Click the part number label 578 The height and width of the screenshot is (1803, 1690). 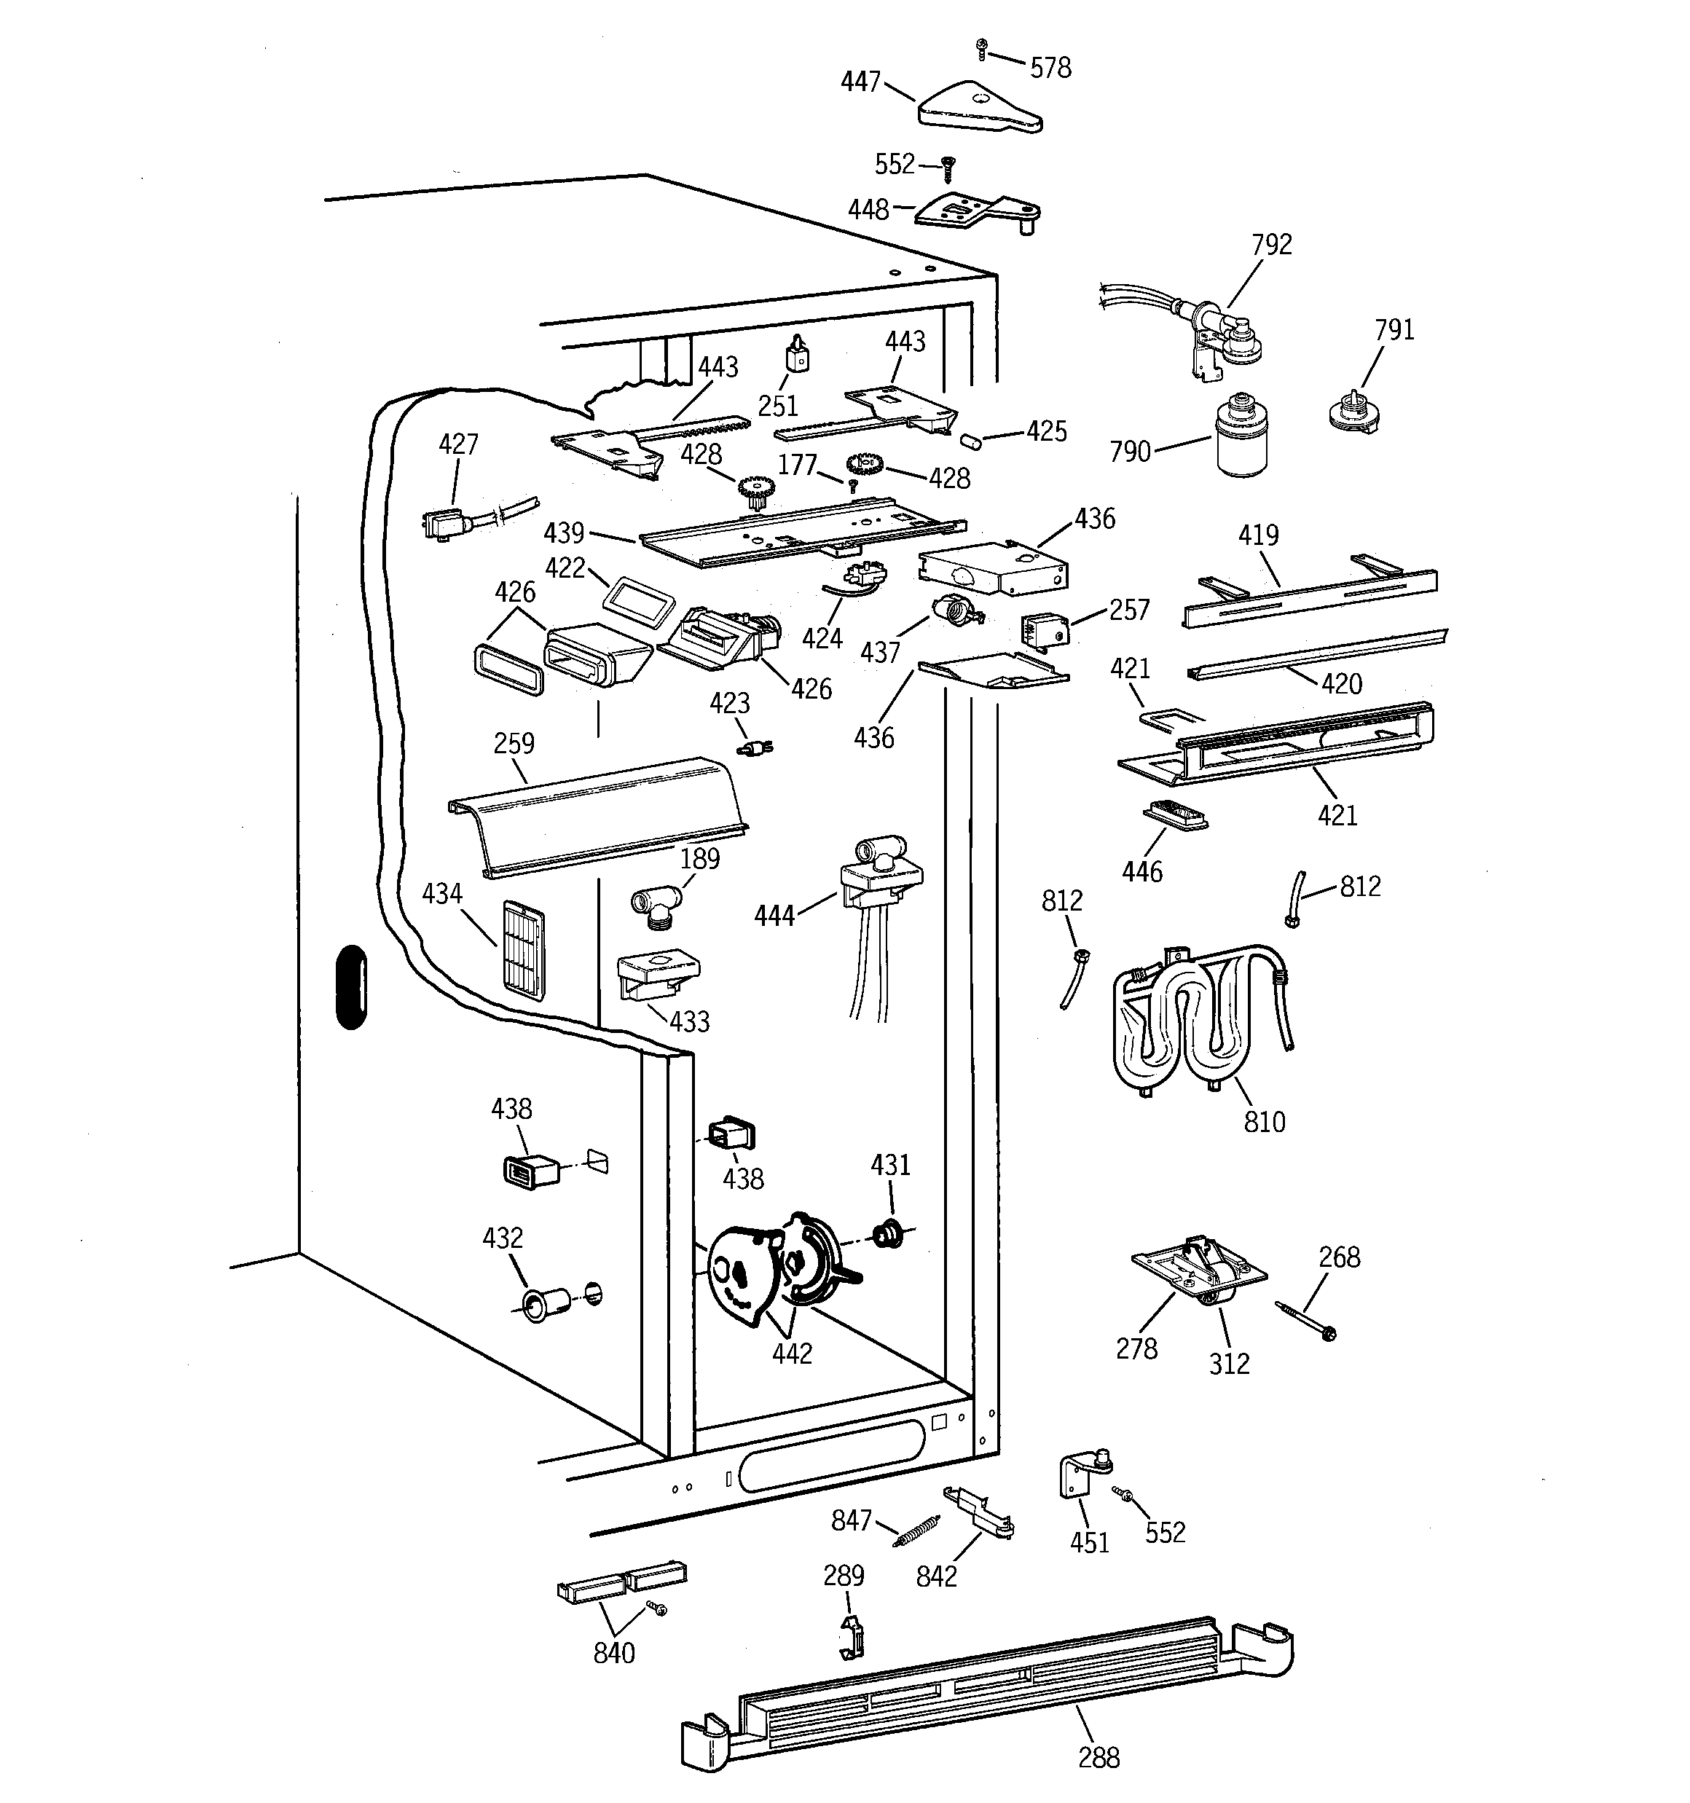[x=1050, y=68]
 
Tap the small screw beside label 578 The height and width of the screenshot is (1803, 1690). [x=980, y=48]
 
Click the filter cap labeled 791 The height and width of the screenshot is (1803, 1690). [x=1352, y=412]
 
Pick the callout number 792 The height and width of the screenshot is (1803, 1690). [x=1271, y=245]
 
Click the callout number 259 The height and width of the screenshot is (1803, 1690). [x=514, y=744]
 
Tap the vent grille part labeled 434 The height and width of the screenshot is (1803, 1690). [x=524, y=948]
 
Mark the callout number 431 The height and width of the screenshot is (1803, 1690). [x=890, y=1166]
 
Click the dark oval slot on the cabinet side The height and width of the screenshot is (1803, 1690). [x=351, y=988]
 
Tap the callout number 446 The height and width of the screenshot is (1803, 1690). [x=1141, y=873]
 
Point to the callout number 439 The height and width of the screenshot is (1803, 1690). [x=563, y=533]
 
